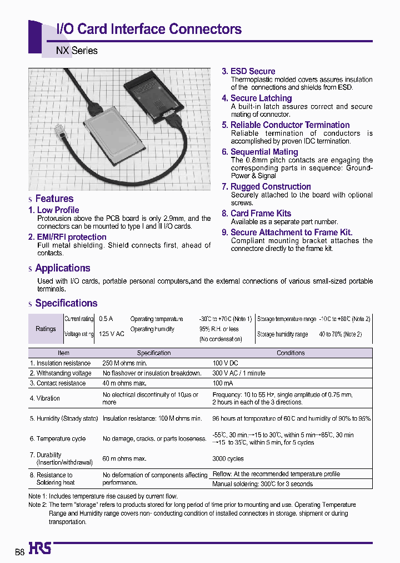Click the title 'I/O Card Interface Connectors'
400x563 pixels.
pos(149,29)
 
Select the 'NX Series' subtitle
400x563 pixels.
pos(77,51)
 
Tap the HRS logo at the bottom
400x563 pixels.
pos(39,549)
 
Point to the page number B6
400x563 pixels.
pos(19,551)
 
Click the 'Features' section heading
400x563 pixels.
pos(54,199)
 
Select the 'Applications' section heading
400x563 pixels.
pos(62,268)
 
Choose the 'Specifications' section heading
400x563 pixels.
pos(66,303)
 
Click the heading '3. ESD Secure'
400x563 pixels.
pos(248,71)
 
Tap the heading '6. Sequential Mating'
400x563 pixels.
pos(259,152)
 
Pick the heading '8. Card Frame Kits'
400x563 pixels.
pos(256,213)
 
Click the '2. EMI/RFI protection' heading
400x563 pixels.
pos(67,237)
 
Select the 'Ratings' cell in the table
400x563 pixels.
pos(46,329)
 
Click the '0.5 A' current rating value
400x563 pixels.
pos(106,319)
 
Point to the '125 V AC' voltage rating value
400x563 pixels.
pos(111,334)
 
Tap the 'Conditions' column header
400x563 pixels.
pos(291,353)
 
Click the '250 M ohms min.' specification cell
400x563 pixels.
pos(126,363)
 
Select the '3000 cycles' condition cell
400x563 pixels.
pos(228,459)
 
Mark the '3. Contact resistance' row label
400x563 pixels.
pos(58,383)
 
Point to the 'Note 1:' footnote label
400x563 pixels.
pos(38,496)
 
